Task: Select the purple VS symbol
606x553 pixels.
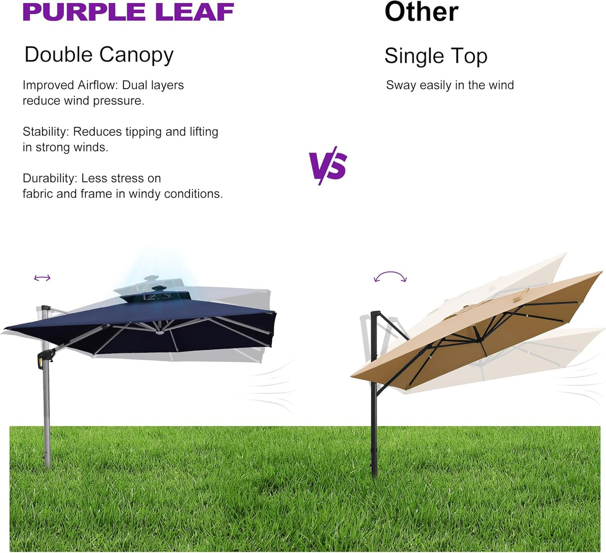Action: click(x=328, y=165)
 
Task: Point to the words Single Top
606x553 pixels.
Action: click(x=436, y=56)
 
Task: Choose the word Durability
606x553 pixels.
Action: click(x=49, y=178)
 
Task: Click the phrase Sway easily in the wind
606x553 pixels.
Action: click(x=450, y=85)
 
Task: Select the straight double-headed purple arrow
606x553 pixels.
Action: click(x=42, y=278)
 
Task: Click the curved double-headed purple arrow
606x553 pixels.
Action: click(x=390, y=277)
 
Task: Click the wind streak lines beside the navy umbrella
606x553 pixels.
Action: click(x=268, y=386)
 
